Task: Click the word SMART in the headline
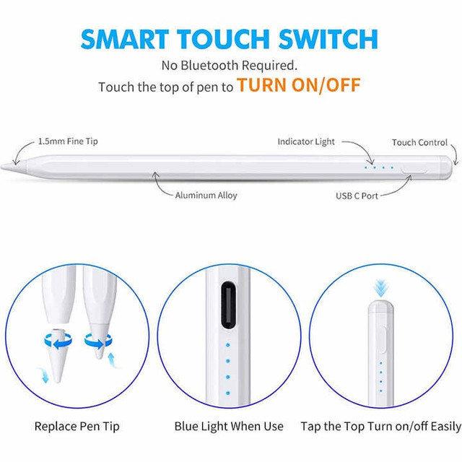[x=125, y=39]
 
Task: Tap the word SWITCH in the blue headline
[x=328, y=39]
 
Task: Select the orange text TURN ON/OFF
[x=299, y=85]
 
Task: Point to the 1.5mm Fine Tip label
[x=68, y=141]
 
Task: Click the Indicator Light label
[x=306, y=141]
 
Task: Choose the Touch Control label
[x=419, y=143]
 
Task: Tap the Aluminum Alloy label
[x=206, y=196]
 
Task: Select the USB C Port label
[x=357, y=196]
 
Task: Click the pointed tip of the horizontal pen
[x=1, y=167]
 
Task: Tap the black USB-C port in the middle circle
[x=228, y=305]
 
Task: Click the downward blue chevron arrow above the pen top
[x=380, y=289]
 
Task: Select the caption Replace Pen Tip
[x=77, y=427]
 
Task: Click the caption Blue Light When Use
[x=229, y=427]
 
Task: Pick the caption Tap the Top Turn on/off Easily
[x=380, y=427]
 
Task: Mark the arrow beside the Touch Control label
[x=456, y=153]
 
